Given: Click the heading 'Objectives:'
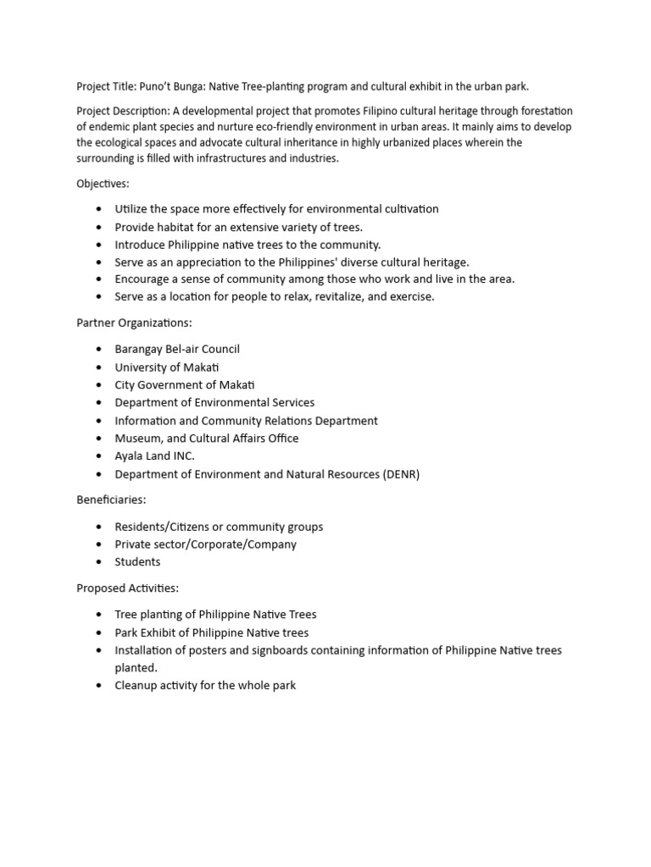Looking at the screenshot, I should point(103,184).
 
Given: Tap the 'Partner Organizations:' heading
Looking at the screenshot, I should point(134,323).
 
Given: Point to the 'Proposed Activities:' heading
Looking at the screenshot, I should point(128,588).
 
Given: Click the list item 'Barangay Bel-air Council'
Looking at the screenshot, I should point(177,349).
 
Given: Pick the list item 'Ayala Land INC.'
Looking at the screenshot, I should point(155,456).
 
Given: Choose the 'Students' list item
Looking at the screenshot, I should point(137,561).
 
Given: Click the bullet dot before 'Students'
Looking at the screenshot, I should point(99,562).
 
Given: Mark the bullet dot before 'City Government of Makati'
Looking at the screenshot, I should point(99,385).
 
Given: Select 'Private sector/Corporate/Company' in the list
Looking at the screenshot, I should point(206,544).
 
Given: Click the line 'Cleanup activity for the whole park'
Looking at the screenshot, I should point(205,685).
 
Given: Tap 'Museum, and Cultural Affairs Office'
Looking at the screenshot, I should point(207,438).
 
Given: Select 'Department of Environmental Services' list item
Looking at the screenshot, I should point(214,402).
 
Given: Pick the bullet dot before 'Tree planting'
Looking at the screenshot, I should point(99,615).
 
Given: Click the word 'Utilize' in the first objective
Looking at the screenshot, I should point(133,209).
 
